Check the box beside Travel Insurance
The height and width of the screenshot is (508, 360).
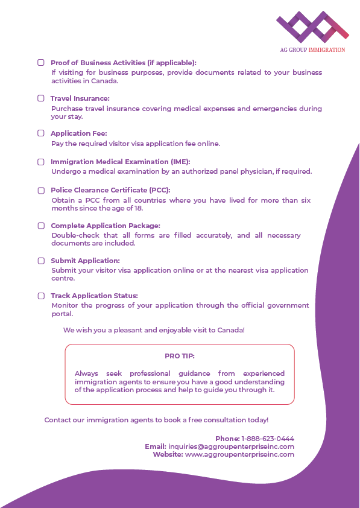[x=41, y=98]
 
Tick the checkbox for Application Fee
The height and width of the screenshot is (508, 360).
[x=41, y=133]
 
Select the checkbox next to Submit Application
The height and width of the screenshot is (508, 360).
[x=41, y=261]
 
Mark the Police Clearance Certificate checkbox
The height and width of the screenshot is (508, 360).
[x=41, y=190]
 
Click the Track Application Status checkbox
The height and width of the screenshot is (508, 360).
[x=41, y=296]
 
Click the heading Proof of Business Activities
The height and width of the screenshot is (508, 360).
[x=123, y=63]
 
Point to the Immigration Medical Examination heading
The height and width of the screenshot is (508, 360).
[x=120, y=162]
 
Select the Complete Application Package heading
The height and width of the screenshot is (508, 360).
[x=105, y=226]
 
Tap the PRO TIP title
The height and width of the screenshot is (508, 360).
[x=180, y=356]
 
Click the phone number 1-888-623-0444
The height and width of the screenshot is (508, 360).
[x=268, y=439]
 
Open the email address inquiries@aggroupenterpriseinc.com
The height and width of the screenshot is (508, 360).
[x=231, y=446]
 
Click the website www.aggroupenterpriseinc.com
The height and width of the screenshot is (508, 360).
[x=239, y=454]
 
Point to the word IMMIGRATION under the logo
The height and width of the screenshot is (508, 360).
[x=326, y=50]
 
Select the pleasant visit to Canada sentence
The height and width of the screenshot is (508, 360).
[x=154, y=330]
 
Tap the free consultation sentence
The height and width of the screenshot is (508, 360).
[x=156, y=419]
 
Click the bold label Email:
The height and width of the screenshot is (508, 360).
[x=155, y=446]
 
